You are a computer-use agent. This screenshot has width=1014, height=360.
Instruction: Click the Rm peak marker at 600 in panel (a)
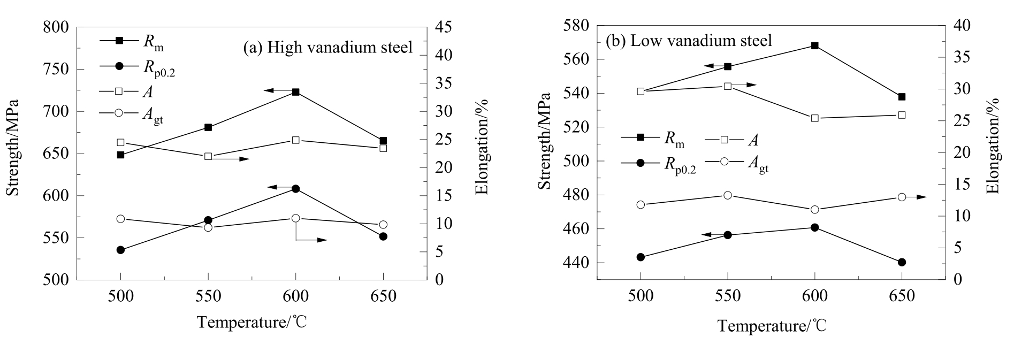(296, 92)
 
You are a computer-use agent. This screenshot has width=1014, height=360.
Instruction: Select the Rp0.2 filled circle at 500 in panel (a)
(120, 250)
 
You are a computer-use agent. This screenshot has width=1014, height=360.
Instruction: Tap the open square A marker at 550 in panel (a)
(208, 156)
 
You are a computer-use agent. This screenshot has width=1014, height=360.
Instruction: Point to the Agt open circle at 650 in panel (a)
(383, 225)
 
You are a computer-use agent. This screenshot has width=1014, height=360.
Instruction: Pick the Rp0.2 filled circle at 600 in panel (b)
(815, 227)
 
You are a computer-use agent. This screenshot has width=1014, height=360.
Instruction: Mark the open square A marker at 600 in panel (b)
(815, 118)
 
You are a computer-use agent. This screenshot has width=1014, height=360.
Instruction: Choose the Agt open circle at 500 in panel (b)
(641, 204)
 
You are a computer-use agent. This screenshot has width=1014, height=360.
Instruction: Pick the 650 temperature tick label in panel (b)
(902, 296)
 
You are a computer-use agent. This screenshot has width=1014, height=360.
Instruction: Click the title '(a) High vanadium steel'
(328, 48)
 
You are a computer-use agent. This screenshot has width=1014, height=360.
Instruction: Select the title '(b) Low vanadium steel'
(689, 41)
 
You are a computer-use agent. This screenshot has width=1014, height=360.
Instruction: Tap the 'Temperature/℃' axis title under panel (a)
(251, 322)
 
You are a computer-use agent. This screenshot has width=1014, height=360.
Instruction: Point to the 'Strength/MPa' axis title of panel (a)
(13, 147)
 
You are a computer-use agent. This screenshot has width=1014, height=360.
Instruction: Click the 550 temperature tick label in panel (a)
(208, 296)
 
